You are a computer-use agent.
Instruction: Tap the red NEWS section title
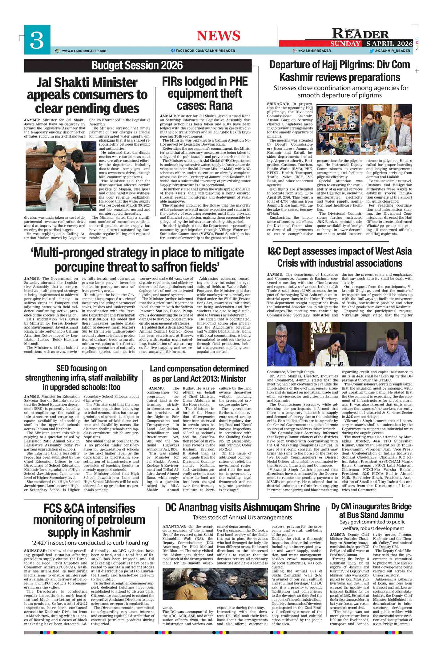[x=218, y=36]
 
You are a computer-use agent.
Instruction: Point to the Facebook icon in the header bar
[x=173, y=51]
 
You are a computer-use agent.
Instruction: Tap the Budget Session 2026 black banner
[x=137, y=65]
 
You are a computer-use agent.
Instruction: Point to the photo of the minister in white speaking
[x=61, y=176]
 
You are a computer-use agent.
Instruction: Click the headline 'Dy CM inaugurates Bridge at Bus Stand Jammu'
[x=371, y=511]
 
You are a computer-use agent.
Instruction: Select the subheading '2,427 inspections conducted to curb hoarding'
[x=91, y=542]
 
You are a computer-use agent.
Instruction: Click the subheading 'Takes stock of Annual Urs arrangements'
[x=242, y=517]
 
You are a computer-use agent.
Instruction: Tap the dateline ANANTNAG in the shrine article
[x=174, y=526]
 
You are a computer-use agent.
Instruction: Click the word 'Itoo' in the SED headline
[x=112, y=387]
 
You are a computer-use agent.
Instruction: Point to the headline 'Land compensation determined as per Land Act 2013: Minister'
[x=199, y=374]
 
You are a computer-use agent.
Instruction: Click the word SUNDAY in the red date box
[x=345, y=43]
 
